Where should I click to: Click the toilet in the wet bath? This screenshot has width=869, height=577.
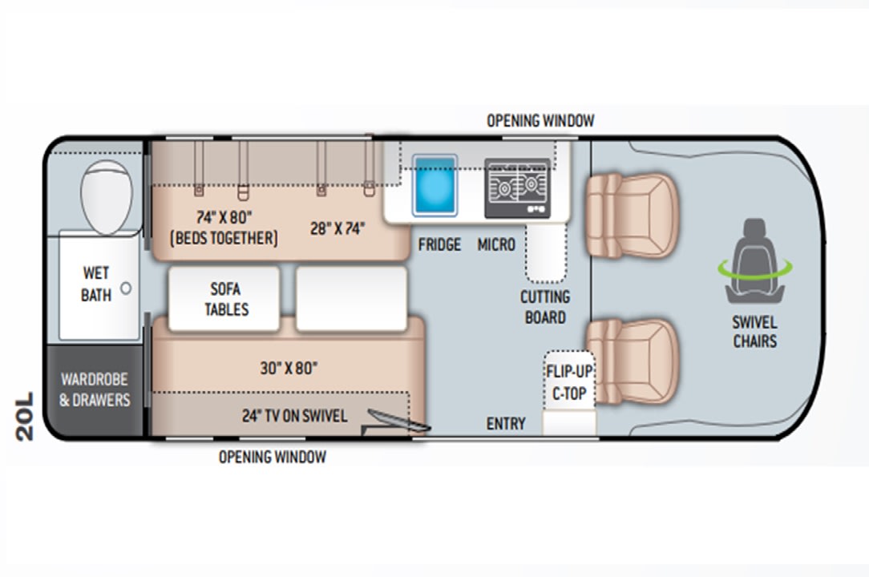pos(107,196)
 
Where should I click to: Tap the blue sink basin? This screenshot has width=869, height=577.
pos(435,185)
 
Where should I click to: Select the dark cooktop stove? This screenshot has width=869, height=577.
pos(518,188)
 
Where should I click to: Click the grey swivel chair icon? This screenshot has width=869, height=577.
pos(754,260)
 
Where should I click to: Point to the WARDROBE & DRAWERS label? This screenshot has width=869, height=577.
pos(95,389)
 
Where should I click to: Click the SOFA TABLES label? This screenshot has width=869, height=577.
pos(226,299)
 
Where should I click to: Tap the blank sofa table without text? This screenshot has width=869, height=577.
pos(351,298)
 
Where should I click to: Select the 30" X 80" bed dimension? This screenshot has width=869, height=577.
pos(289,368)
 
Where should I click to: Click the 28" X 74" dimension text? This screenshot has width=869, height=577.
pos(337,228)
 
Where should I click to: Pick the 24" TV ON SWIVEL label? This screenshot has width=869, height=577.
pos(295,416)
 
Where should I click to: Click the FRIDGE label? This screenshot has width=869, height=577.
pos(439,244)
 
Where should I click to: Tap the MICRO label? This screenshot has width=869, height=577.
pos(496,244)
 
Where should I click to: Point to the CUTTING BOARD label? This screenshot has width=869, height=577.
pos(545,307)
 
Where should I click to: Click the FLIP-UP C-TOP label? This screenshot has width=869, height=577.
pos(569,382)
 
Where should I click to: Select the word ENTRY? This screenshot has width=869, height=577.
pos(506,423)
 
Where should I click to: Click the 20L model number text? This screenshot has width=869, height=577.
pos(25,417)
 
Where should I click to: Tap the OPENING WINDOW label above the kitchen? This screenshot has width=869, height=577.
pos(540,120)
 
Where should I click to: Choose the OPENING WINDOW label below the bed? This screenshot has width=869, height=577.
pos(273,457)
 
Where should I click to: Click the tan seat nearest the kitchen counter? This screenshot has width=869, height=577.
pos(632,215)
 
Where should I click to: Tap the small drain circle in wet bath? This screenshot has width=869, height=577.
pos(127,288)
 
